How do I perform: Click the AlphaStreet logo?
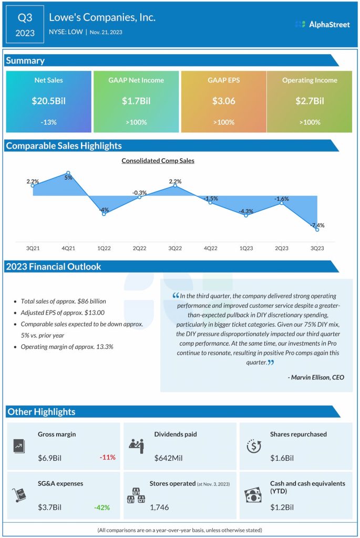click(x=322, y=24)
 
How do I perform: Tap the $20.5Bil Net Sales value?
click(x=49, y=101)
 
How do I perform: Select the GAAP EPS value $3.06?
click(x=223, y=101)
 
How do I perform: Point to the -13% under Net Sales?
click(x=49, y=122)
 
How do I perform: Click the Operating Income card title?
click(x=310, y=80)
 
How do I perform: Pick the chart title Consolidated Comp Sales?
click(x=158, y=161)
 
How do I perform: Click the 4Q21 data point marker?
click(x=68, y=172)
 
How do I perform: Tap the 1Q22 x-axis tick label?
click(x=104, y=247)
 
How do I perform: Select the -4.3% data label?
click(x=245, y=211)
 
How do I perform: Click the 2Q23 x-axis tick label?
click(x=281, y=247)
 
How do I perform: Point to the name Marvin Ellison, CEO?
click(x=316, y=377)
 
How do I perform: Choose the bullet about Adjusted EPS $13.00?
click(x=58, y=313)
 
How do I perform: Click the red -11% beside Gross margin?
click(x=107, y=458)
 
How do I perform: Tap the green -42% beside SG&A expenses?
click(x=102, y=507)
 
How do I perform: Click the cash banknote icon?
click(x=253, y=495)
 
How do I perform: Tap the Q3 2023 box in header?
click(x=25, y=25)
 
